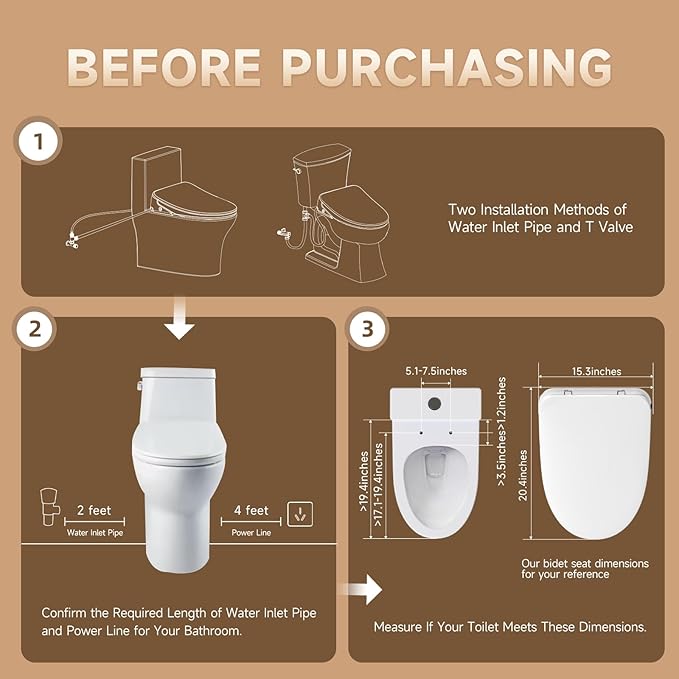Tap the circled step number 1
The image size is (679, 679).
click(38, 143)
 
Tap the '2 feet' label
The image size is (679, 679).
click(95, 509)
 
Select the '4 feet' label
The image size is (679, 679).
click(251, 510)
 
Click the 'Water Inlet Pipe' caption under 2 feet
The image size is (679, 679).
click(95, 533)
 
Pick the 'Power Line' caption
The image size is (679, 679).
click(251, 533)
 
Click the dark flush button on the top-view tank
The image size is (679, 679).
click(435, 403)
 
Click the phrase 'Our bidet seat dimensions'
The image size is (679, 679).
click(585, 564)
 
